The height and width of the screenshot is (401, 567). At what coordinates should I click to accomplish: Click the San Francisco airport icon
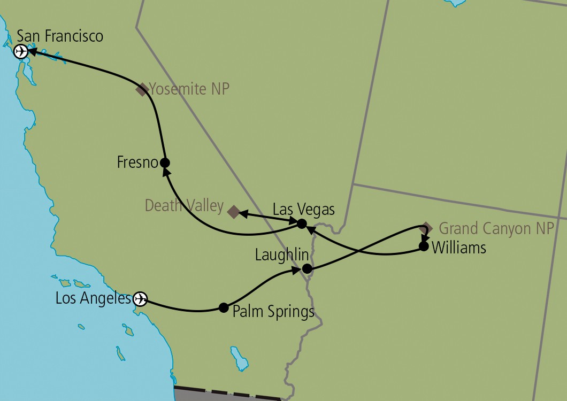coord(20,52)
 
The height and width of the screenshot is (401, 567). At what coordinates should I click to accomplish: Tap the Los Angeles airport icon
coord(140,298)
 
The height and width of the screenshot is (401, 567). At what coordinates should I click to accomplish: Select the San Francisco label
coord(60,36)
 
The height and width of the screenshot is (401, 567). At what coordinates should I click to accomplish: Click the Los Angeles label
coord(93,298)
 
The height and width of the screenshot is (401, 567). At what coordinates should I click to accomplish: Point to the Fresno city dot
coord(165,163)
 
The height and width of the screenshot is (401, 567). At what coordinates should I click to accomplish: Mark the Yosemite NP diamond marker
coord(142,89)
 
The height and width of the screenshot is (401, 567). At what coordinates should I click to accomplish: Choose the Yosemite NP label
coord(189,89)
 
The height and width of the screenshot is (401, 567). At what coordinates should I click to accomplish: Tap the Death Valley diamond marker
coord(233,212)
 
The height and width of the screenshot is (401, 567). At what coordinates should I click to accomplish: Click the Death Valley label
coord(184,205)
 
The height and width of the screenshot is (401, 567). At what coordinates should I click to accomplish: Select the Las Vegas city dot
coord(302,223)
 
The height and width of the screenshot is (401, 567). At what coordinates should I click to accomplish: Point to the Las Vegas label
coord(303,209)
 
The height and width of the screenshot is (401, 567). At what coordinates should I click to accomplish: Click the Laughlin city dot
coord(307,268)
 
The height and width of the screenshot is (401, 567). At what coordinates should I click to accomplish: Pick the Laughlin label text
coord(275,254)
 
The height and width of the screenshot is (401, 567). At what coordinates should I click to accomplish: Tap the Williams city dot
coord(423,246)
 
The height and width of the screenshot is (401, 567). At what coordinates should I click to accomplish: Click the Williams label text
coord(458,248)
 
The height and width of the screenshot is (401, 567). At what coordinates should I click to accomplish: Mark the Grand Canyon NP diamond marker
coord(426,227)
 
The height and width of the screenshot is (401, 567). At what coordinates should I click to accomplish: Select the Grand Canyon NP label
coord(496,229)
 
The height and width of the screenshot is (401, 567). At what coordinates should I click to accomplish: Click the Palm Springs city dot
coord(224,307)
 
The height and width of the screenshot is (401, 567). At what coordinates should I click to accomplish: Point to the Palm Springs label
coord(273,311)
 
